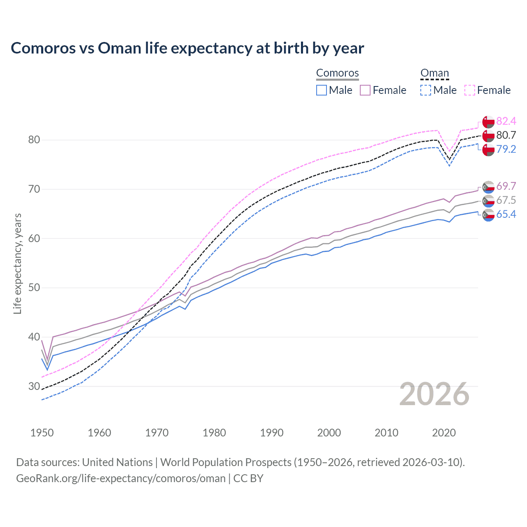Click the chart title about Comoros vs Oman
click(187, 48)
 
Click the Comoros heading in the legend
click(337, 73)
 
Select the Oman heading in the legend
click(434, 73)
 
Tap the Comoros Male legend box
click(322, 90)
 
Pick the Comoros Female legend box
click(365, 90)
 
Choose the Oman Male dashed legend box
click(426, 90)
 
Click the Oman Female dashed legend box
click(470, 90)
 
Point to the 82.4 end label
click(506, 121)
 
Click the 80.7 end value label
click(506, 135)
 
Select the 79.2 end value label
click(506, 149)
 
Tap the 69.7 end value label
click(506, 186)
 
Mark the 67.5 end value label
click(506, 200)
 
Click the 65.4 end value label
click(506, 214)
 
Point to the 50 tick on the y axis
click(34, 287)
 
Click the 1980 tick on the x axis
click(214, 433)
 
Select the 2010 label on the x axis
click(386, 433)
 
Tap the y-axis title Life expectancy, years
click(17, 263)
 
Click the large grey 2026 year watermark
click(434, 394)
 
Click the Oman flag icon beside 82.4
click(488, 121)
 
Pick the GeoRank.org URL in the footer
click(121, 478)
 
